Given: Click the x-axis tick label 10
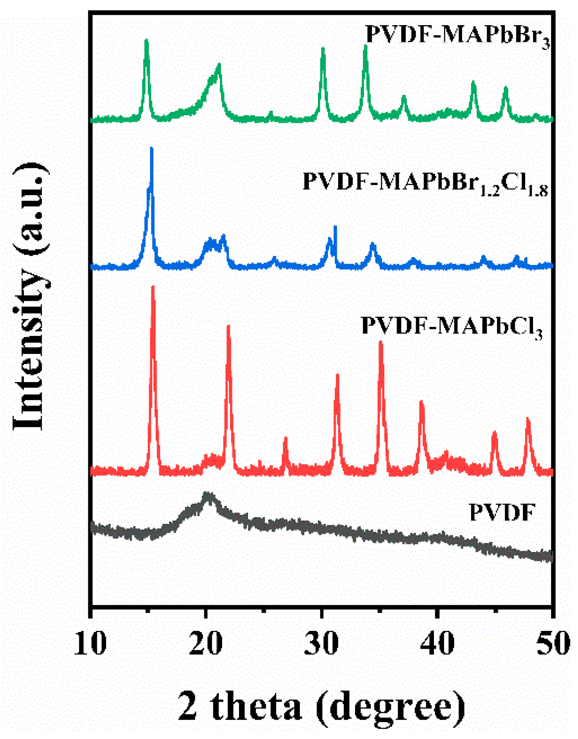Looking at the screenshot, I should (x=90, y=643).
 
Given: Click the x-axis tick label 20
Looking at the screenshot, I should (x=206, y=643).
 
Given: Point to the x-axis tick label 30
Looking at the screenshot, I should (x=321, y=643).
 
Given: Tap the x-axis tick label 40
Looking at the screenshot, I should (x=437, y=643).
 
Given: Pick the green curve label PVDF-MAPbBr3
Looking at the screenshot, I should (x=457, y=35).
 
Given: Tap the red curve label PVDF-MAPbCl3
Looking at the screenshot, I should (x=452, y=326).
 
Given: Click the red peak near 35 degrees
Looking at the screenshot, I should (x=381, y=343).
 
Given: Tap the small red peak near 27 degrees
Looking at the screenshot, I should (x=285, y=439).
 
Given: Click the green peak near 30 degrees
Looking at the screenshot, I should (x=323, y=50).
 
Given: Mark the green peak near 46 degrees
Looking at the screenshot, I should (x=506, y=88).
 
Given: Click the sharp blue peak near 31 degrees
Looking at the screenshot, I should (x=335, y=227).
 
